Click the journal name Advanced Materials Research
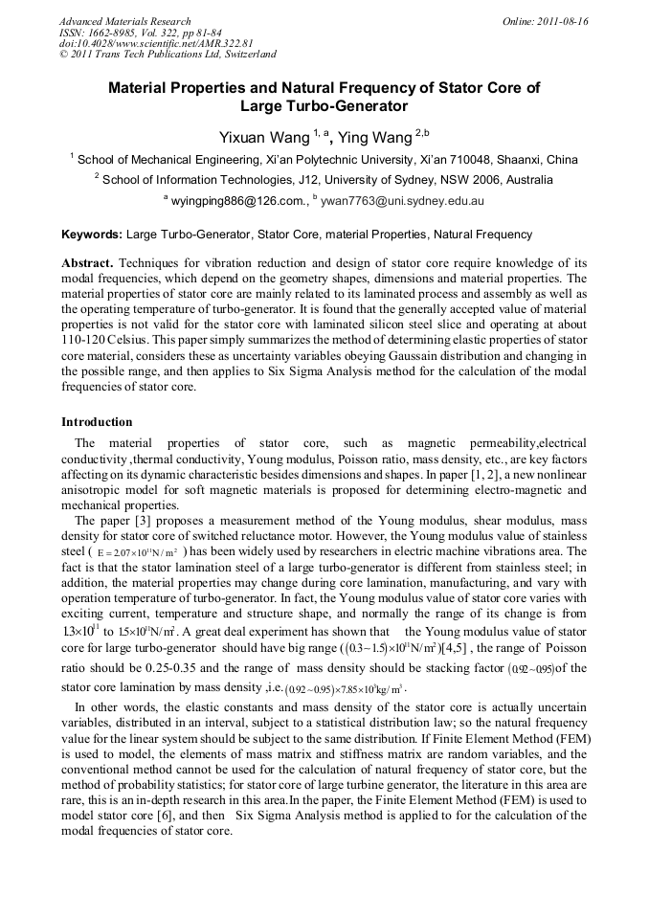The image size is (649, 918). pyautogui.click(x=124, y=21)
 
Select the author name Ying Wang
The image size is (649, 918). pyautogui.click(x=375, y=137)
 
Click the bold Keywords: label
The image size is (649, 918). pyautogui.click(x=92, y=235)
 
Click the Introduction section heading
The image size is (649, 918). pyautogui.click(x=97, y=422)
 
